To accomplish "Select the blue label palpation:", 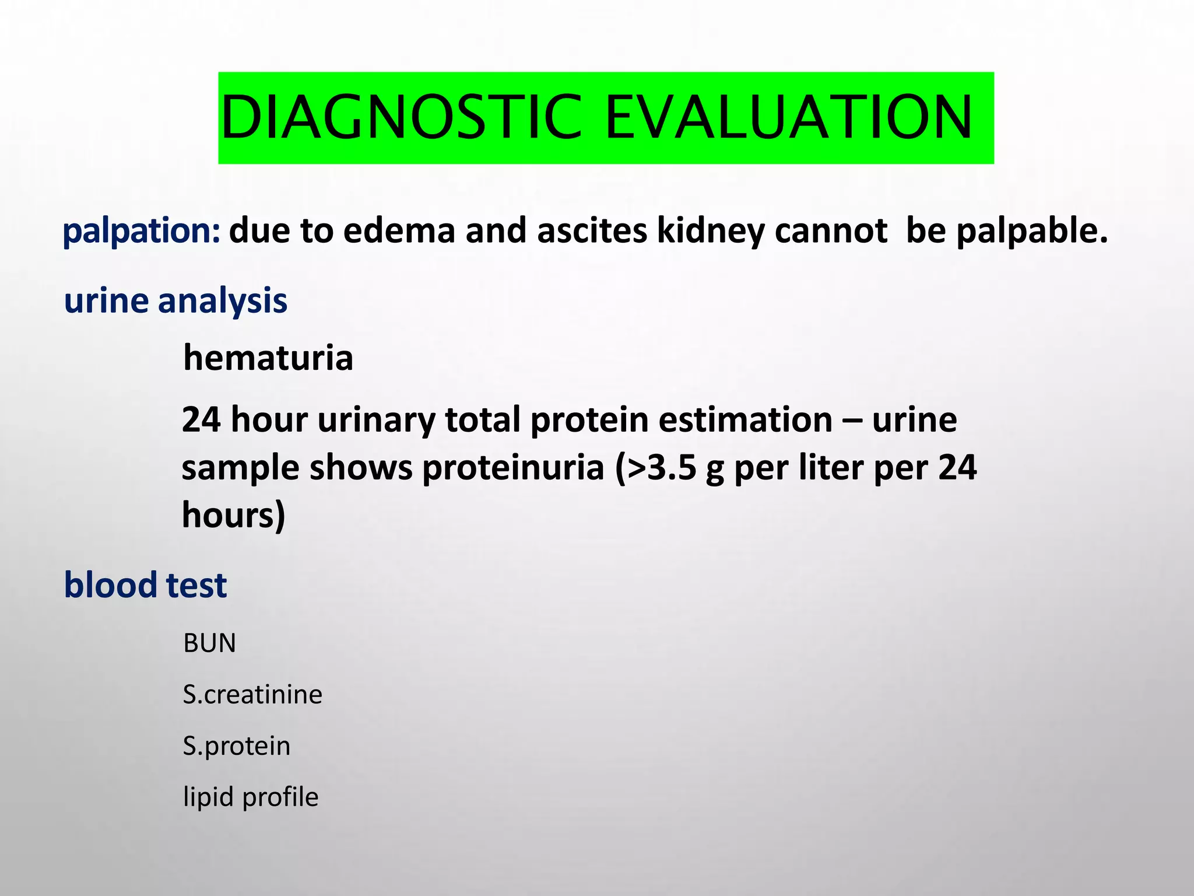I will (141, 231).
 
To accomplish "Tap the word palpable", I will (1031, 231).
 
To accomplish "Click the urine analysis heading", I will (175, 301).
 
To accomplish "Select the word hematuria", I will (268, 358).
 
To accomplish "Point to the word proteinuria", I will (513, 468).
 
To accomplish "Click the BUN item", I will (209, 643).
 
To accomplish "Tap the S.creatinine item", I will (252, 695).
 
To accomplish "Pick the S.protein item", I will (237, 746).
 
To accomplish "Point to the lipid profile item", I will (251, 797).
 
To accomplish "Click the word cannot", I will (831, 231).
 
